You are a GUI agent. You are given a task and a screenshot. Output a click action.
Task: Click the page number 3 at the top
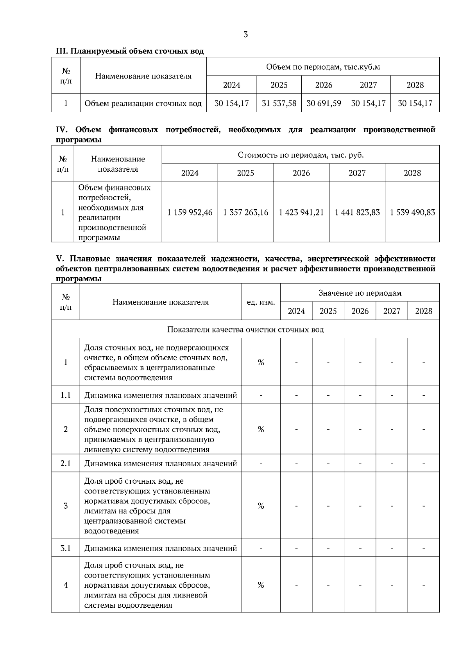tap(245, 34)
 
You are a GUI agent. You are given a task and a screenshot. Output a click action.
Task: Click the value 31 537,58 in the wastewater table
tap(279, 103)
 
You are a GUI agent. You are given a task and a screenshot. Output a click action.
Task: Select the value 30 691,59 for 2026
tap(324, 103)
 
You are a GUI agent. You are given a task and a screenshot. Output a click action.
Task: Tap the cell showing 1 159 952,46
tap(190, 212)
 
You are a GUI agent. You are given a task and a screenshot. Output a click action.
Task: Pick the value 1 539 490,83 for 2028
tap(412, 212)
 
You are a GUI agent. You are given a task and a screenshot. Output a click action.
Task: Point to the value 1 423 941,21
tap(301, 212)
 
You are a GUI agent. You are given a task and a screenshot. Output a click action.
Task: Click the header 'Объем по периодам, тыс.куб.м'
tap(323, 67)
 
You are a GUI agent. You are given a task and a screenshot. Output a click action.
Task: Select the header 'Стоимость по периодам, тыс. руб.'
tap(301, 155)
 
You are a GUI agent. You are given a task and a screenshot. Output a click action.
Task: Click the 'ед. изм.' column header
tap(261, 302)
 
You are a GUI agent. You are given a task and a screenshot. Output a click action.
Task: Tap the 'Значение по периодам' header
tap(360, 293)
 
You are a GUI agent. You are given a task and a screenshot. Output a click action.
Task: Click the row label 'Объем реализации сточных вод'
tap(143, 103)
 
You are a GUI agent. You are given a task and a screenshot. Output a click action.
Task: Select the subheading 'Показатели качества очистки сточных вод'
tap(245, 329)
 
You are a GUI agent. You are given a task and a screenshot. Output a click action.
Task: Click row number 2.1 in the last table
tap(66, 463)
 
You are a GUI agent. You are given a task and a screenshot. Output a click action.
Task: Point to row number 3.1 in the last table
tap(66, 548)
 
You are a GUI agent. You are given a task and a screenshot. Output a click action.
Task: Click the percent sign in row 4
tap(261, 585)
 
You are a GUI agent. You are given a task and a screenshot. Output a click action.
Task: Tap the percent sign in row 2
tap(261, 429)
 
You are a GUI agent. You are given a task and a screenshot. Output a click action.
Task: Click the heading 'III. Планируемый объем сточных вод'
tap(130, 51)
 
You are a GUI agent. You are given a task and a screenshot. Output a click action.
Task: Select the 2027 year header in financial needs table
tap(357, 173)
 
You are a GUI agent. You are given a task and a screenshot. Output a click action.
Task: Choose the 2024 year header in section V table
tap(296, 311)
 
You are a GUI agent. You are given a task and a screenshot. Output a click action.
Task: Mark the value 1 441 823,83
tap(357, 212)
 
